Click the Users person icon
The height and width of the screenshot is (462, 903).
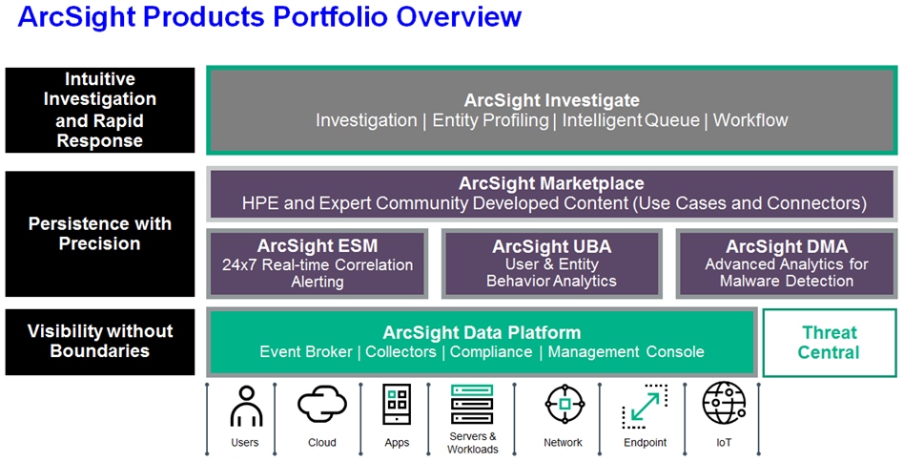pyautogui.click(x=246, y=406)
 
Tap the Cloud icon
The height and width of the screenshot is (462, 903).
pyautogui.click(x=322, y=405)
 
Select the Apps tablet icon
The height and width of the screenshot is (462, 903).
pyautogui.click(x=397, y=405)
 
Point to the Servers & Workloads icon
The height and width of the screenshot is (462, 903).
pyautogui.click(x=472, y=405)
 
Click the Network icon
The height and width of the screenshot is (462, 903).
pyautogui.click(x=564, y=405)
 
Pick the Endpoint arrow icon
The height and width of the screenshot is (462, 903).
pyautogui.click(x=645, y=407)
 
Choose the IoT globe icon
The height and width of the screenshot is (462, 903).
pyautogui.click(x=724, y=403)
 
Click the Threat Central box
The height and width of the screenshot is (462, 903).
pyautogui.click(x=830, y=343)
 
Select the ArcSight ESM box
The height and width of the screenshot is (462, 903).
pyautogui.click(x=318, y=263)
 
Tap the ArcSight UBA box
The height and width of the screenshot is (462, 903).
pyautogui.click(x=552, y=263)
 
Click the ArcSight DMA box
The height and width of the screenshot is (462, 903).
pyautogui.click(x=787, y=263)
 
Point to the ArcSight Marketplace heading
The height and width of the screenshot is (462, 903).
pyautogui.click(x=551, y=183)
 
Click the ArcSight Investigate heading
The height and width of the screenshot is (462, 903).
pyautogui.click(x=552, y=100)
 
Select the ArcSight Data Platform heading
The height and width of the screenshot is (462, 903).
pyautogui.click(x=482, y=333)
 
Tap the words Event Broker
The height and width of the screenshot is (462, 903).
pyautogui.click(x=306, y=352)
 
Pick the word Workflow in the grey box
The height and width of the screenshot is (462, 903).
pyautogui.click(x=750, y=120)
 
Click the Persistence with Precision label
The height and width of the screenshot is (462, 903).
pyautogui.click(x=100, y=234)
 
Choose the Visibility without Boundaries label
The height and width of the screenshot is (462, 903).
pyautogui.click(x=100, y=341)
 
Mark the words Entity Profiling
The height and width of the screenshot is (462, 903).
pyautogui.click(x=490, y=120)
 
